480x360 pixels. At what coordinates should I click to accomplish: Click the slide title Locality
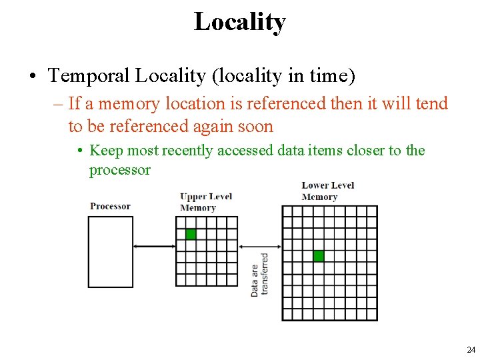click(239, 21)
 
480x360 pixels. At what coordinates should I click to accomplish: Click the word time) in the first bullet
click(331, 76)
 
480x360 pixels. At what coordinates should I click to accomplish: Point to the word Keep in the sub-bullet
click(105, 151)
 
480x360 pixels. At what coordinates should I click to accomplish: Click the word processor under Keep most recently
click(120, 169)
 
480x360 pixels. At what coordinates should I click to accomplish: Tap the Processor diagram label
click(110, 206)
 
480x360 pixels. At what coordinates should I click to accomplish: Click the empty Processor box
click(111, 252)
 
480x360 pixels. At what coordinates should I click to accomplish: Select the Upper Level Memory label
click(206, 201)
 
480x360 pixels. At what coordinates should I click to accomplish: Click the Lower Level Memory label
click(327, 191)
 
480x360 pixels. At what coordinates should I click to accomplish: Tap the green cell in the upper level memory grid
click(191, 234)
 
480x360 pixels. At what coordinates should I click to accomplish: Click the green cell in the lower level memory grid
click(318, 255)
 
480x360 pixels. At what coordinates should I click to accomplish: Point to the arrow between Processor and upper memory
click(155, 247)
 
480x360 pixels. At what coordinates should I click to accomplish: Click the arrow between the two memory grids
click(260, 247)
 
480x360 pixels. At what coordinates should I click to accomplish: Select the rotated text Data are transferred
click(259, 274)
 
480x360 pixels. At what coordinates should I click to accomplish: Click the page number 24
click(471, 350)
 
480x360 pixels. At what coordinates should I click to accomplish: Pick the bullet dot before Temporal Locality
click(32, 76)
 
